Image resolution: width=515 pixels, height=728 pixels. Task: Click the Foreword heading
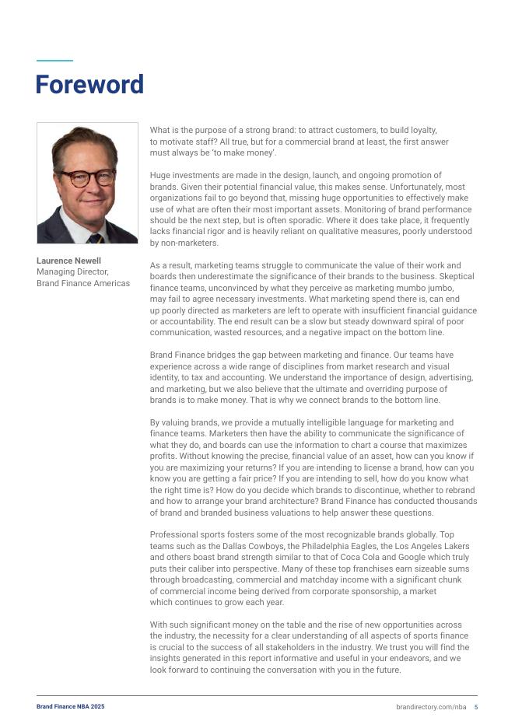[x=89, y=85]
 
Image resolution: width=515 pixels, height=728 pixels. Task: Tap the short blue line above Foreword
[x=54, y=61]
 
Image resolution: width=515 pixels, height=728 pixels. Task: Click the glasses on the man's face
[x=88, y=177]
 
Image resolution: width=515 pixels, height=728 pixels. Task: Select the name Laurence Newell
[x=68, y=261]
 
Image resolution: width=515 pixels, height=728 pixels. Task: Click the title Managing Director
[x=72, y=271]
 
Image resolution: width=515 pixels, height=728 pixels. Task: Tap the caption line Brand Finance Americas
[x=83, y=283]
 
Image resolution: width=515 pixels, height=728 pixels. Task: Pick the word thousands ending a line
[x=456, y=502]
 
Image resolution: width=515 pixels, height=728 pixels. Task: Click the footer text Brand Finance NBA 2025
[x=70, y=706]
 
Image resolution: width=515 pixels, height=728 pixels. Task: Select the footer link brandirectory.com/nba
[x=431, y=706]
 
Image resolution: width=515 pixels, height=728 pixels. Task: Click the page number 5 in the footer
[x=476, y=706]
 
